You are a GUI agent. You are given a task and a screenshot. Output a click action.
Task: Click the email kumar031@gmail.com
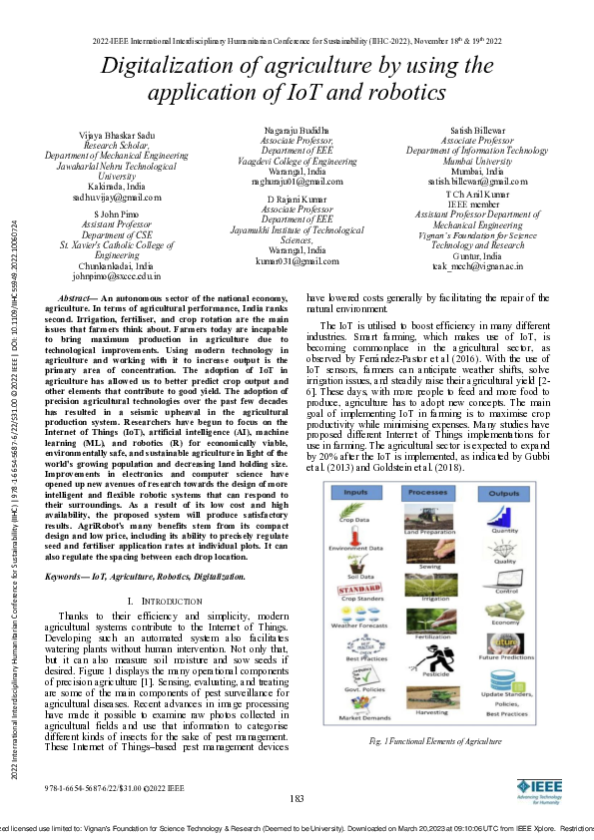tap(297, 259)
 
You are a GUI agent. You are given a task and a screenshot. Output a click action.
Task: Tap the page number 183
tap(297, 797)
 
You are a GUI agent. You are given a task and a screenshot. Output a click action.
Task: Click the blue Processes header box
tap(427, 492)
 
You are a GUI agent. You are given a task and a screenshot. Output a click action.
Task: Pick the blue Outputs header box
tap(505, 492)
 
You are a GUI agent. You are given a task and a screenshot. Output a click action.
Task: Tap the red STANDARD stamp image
tap(358, 590)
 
